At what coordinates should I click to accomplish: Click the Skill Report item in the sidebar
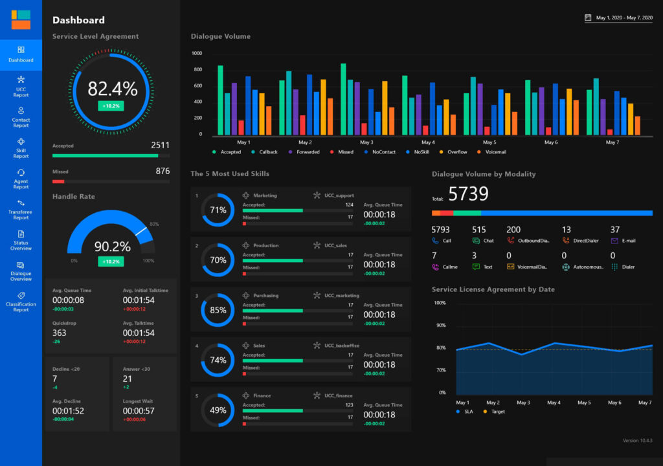click(21, 148)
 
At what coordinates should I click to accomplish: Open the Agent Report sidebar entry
click(21, 179)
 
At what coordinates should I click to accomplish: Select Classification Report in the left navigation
click(21, 302)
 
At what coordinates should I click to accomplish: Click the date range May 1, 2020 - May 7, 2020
click(624, 17)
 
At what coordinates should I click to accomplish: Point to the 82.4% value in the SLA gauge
click(113, 89)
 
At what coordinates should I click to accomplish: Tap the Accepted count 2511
click(161, 145)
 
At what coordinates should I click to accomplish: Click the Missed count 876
click(163, 171)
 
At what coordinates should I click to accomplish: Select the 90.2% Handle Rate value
click(113, 246)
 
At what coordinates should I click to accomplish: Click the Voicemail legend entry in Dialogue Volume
click(492, 152)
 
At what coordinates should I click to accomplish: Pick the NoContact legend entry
click(380, 152)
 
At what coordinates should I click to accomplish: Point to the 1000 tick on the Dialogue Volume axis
click(197, 53)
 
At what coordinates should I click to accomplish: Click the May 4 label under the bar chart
click(428, 142)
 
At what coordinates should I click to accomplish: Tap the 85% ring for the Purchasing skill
click(218, 310)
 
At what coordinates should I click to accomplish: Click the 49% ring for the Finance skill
click(218, 410)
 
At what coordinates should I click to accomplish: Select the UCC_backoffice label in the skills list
click(342, 346)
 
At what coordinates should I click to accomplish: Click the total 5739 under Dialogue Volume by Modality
click(468, 194)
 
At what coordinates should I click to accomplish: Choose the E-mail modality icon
click(614, 241)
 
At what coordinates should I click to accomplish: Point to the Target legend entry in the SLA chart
click(494, 412)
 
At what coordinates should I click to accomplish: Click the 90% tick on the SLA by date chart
click(441, 325)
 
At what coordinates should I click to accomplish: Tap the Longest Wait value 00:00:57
click(139, 410)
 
